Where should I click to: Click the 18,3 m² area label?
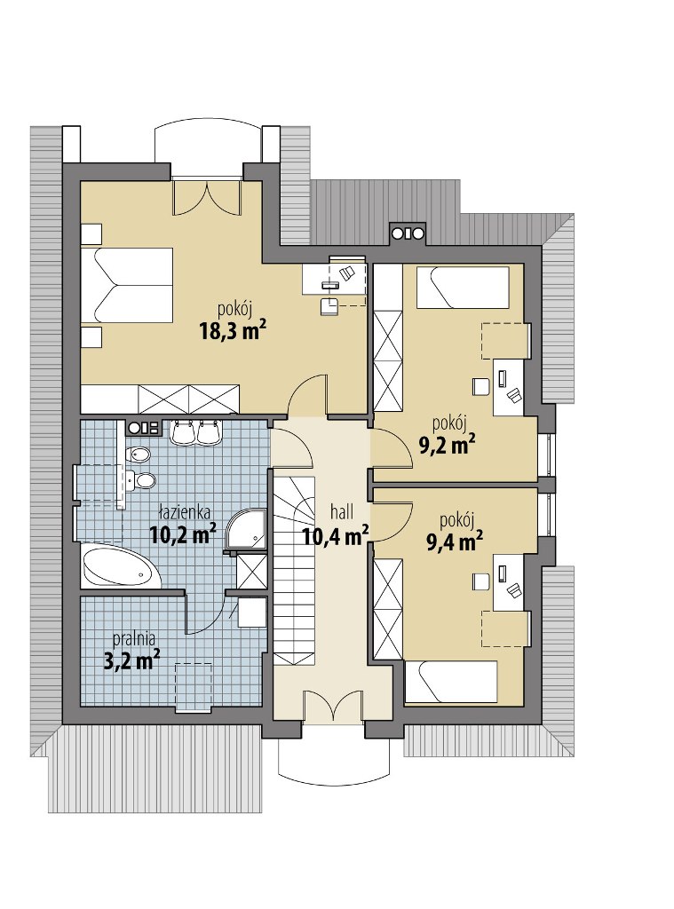pyautogui.click(x=234, y=331)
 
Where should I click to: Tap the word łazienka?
pyautogui.click(x=185, y=512)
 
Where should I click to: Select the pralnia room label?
pyautogui.click(x=134, y=639)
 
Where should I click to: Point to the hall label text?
pyautogui.click(x=342, y=512)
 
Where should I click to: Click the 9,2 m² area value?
pyautogui.click(x=448, y=445)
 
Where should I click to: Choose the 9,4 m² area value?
pyautogui.click(x=456, y=541)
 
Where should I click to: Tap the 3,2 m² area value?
pyautogui.click(x=131, y=660)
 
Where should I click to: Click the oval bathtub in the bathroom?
pyautogui.click(x=121, y=567)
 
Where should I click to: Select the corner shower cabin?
pyautogui.click(x=246, y=529)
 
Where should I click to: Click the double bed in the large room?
pyautogui.click(x=127, y=285)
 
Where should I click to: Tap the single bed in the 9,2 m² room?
pyautogui.click(x=463, y=287)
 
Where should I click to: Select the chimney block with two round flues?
pyautogui.click(x=408, y=233)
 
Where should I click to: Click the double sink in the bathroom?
pyautogui.click(x=194, y=432)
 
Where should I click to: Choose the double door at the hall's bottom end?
pyautogui.click(x=333, y=707)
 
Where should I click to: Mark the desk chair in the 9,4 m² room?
pyautogui.click(x=480, y=581)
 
